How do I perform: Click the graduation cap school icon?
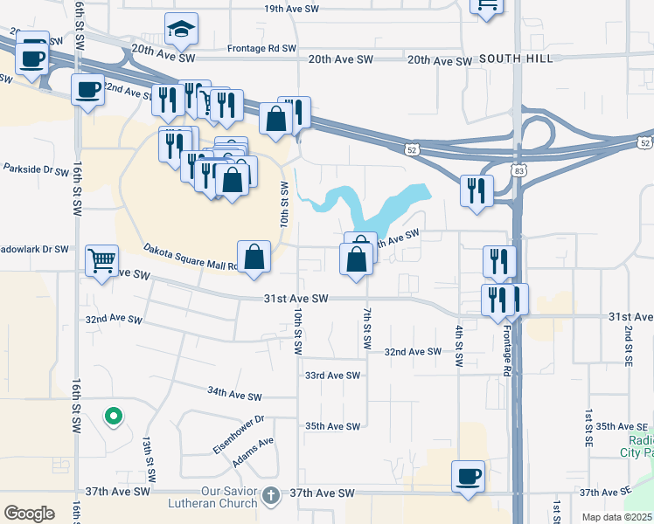(182, 30)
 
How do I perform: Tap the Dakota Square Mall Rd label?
(189, 257)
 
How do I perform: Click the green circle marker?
(112, 417)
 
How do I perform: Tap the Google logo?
(29, 513)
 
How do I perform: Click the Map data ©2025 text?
(616, 517)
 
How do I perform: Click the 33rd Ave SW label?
(332, 376)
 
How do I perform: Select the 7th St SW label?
(366, 329)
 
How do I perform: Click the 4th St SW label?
(458, 345)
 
